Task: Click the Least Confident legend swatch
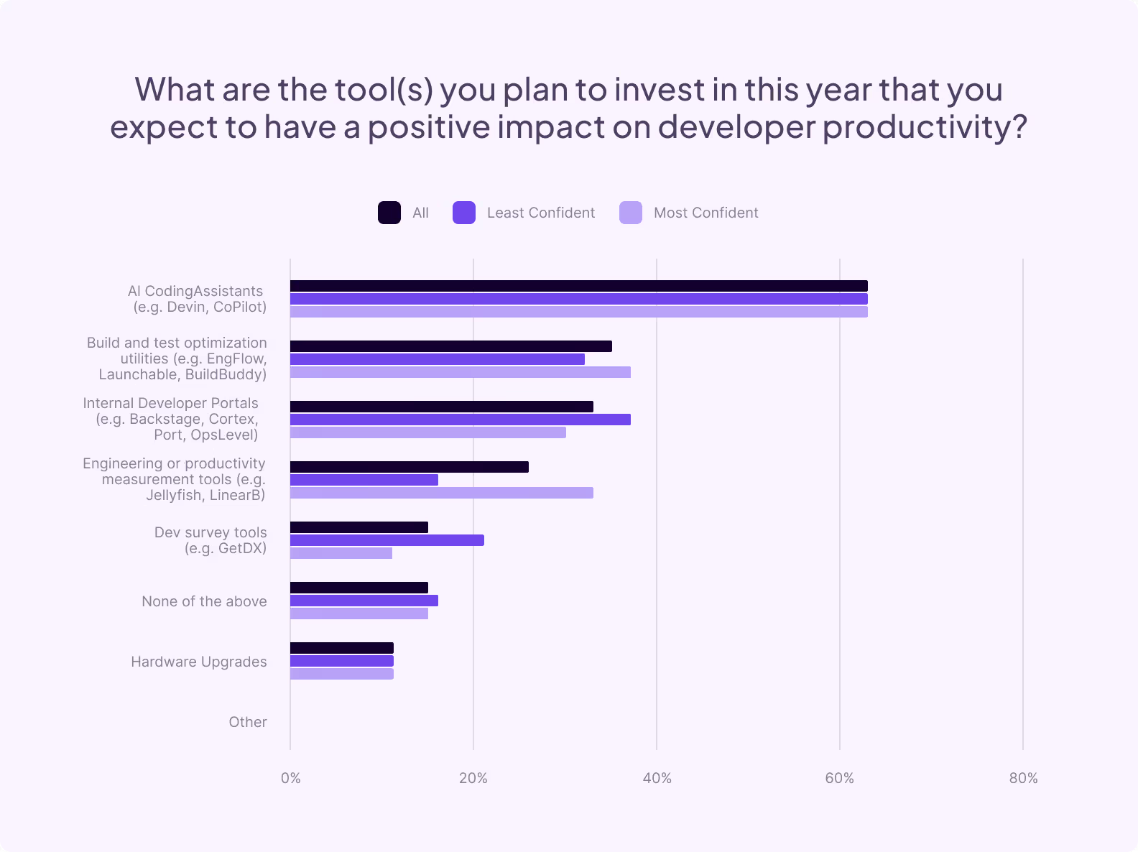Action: pyautogui.click(x=464, y=213)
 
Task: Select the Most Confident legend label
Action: pyautogui.click(x=706, y=213)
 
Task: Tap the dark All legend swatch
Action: pyautogui.click(x=389, y=213)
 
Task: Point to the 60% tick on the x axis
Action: pyautogui.click(x=839, y=778)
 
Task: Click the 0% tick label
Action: pyautogui.click(x=290, y=778)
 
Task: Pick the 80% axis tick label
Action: pyautogui.click(x=1023, y=778)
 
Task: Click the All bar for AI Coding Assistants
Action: pyautogui.click(x=578, y=286)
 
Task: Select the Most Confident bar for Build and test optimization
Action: pyautogui.click(x=460, y=372)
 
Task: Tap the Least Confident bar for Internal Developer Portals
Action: pyautogui.click(x=460, y=420)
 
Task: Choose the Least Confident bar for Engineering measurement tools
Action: pyautogui.click(x=364, y=480)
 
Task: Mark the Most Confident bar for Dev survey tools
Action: pyautogui.click(x=341, y=553)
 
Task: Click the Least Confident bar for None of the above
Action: pyautogui.click(x=364, y=601)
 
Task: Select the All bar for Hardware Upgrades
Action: pyautogui.click(x=342, y=648)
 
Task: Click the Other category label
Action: pyautogui.click(x=248, y=722)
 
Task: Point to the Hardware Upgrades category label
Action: pyautogui.click(x=198, y=662)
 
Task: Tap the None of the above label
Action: pyautogui.click(x=204, y=601)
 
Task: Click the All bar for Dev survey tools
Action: pyautogui.click(x=359, y=527)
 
